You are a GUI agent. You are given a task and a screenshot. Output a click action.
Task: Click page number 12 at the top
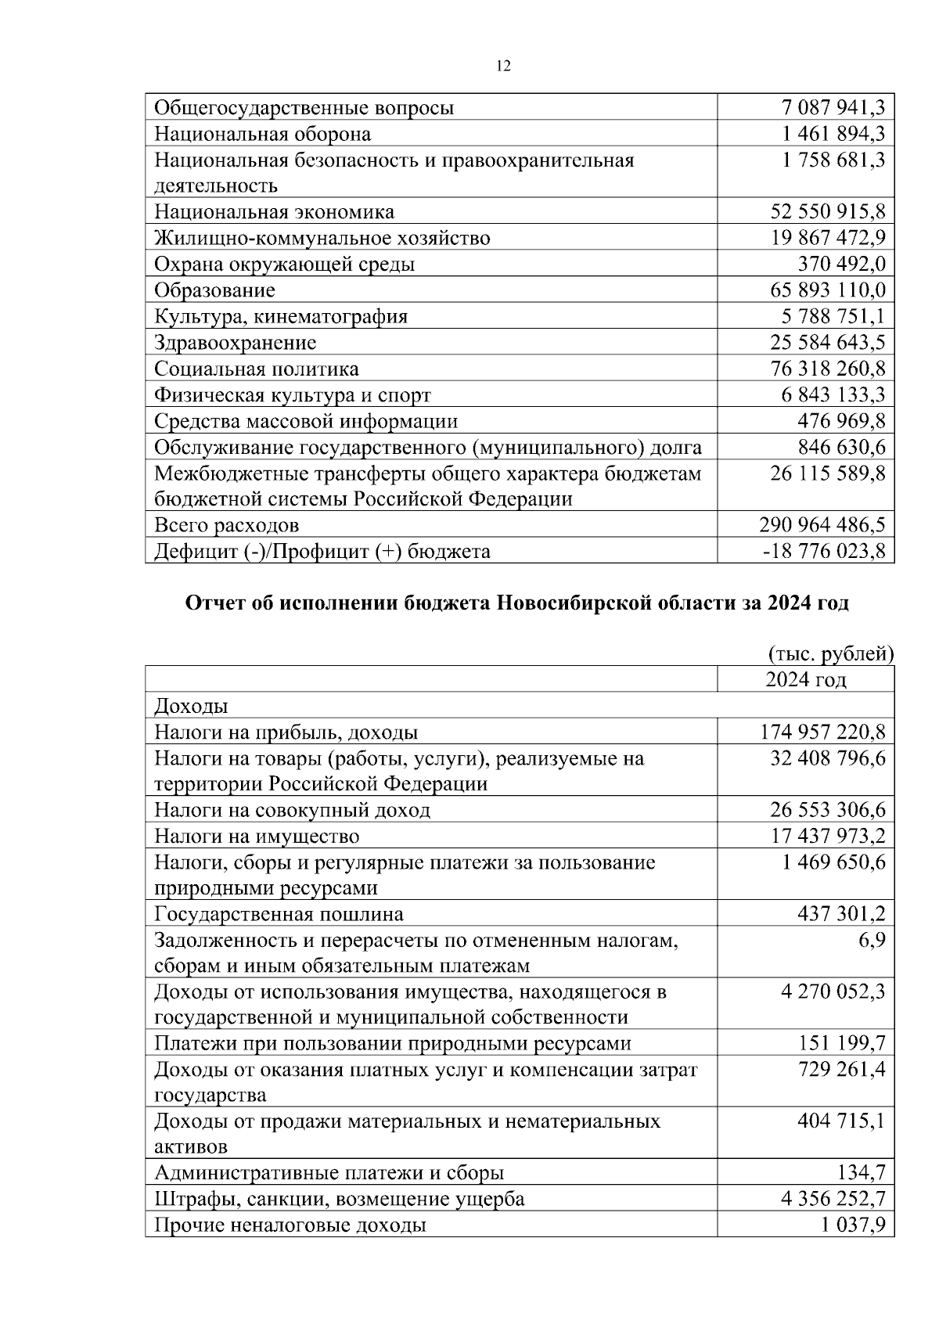pos(503,67)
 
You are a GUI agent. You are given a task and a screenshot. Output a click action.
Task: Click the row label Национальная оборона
pos(262,134)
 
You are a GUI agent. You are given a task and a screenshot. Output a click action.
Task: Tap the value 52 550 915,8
pos(828,212)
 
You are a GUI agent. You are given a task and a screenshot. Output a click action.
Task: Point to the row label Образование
pos(214,290)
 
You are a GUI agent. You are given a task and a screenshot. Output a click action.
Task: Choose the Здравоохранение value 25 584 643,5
pos(828,343)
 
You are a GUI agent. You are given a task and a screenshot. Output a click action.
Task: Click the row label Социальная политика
pos(257,369)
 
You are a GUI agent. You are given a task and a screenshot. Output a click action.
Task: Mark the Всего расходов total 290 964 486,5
pos(822,525)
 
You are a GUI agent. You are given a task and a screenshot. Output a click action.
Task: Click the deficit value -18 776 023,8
pos(824,552)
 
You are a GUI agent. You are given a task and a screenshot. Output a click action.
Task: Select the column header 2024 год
pos(805,679)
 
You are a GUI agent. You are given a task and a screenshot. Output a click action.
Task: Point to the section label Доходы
pos(191,706)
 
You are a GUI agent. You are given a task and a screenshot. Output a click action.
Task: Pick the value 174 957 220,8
pos(822,732)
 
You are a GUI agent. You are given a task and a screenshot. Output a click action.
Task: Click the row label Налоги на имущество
pos(257,837)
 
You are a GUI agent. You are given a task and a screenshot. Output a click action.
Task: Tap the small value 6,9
pos(872,940)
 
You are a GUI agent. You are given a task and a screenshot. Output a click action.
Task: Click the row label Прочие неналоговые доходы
pos(290,1225)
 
